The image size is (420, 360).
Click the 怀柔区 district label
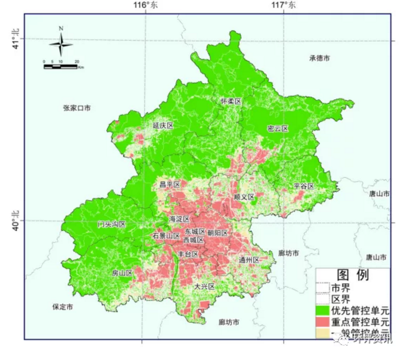[231, 101]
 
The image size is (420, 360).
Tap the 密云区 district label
[278, 129]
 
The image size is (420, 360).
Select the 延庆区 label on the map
[163, 126]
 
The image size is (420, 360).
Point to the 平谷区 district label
[304, 186]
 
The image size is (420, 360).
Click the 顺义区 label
[244, 197]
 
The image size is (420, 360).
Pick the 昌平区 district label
[170, 185]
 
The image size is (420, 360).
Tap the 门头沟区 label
[112, 224]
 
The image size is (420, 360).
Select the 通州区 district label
[249, 260]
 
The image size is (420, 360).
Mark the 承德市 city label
[319, 58]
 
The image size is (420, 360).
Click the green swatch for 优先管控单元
[323, 310]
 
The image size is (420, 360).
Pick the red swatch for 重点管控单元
[323, 321]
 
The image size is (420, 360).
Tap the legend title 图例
[353, 275]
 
